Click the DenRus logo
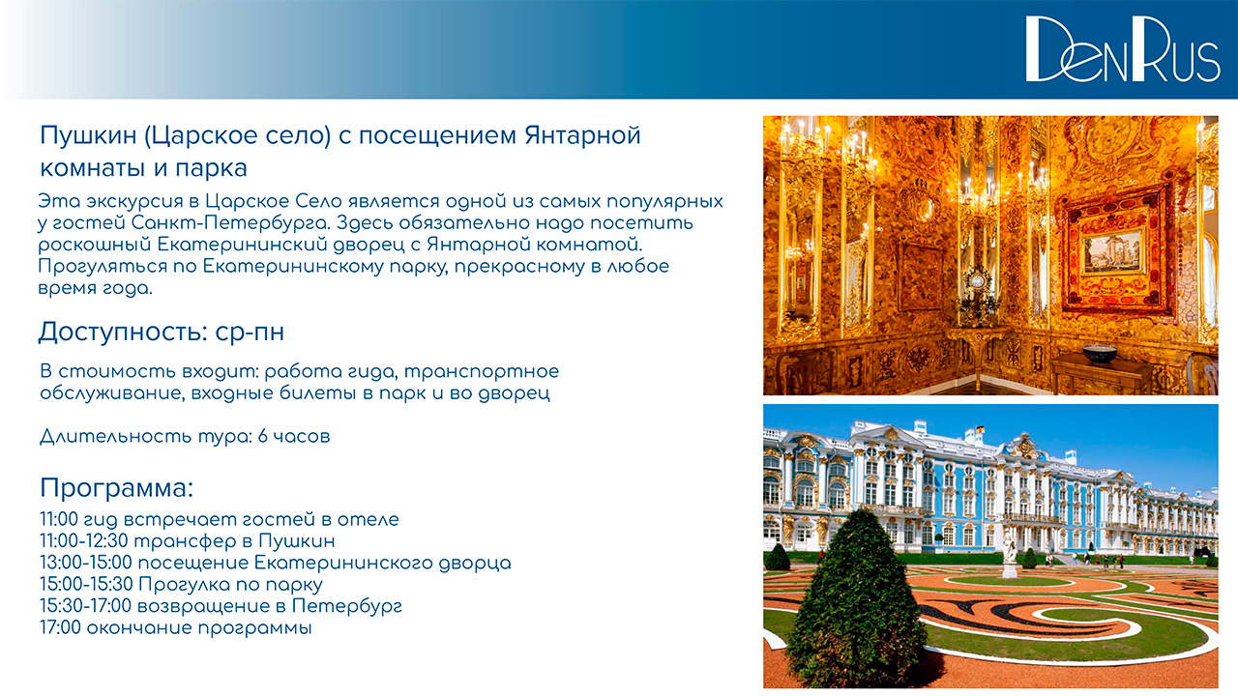tap(1123, 49)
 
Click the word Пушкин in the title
tap(88, 135)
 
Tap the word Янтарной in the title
tap(582, 135)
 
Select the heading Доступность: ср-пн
tap(161, 332)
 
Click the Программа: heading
tap(117, 488)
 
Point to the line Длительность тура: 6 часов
tap(185, 436)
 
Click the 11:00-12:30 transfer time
tap(84, 540)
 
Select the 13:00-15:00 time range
tap(86, 563)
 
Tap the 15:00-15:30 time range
tap(86, 585)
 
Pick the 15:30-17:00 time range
tap(86, 606)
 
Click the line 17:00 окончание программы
tap(176, 628)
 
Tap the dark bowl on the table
tap(1100, 353)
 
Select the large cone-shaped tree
tap(856, 599)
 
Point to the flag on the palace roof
tap(980, 428)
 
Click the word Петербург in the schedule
tap(347, 606)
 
